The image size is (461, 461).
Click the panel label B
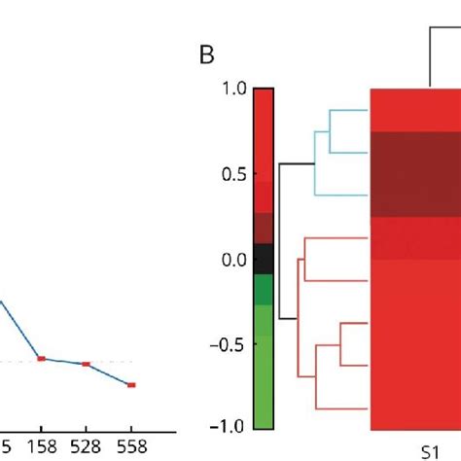205,54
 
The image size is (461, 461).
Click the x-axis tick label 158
41,446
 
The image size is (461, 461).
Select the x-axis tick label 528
86,446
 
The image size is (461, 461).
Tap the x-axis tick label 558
131,446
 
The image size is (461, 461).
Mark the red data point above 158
41,358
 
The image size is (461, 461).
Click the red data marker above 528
86,364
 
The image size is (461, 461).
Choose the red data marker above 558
131,385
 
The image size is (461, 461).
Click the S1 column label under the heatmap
430,450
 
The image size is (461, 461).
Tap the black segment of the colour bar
263,259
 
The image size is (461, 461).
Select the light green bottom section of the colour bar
263,379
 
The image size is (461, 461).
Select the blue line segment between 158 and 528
63,361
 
